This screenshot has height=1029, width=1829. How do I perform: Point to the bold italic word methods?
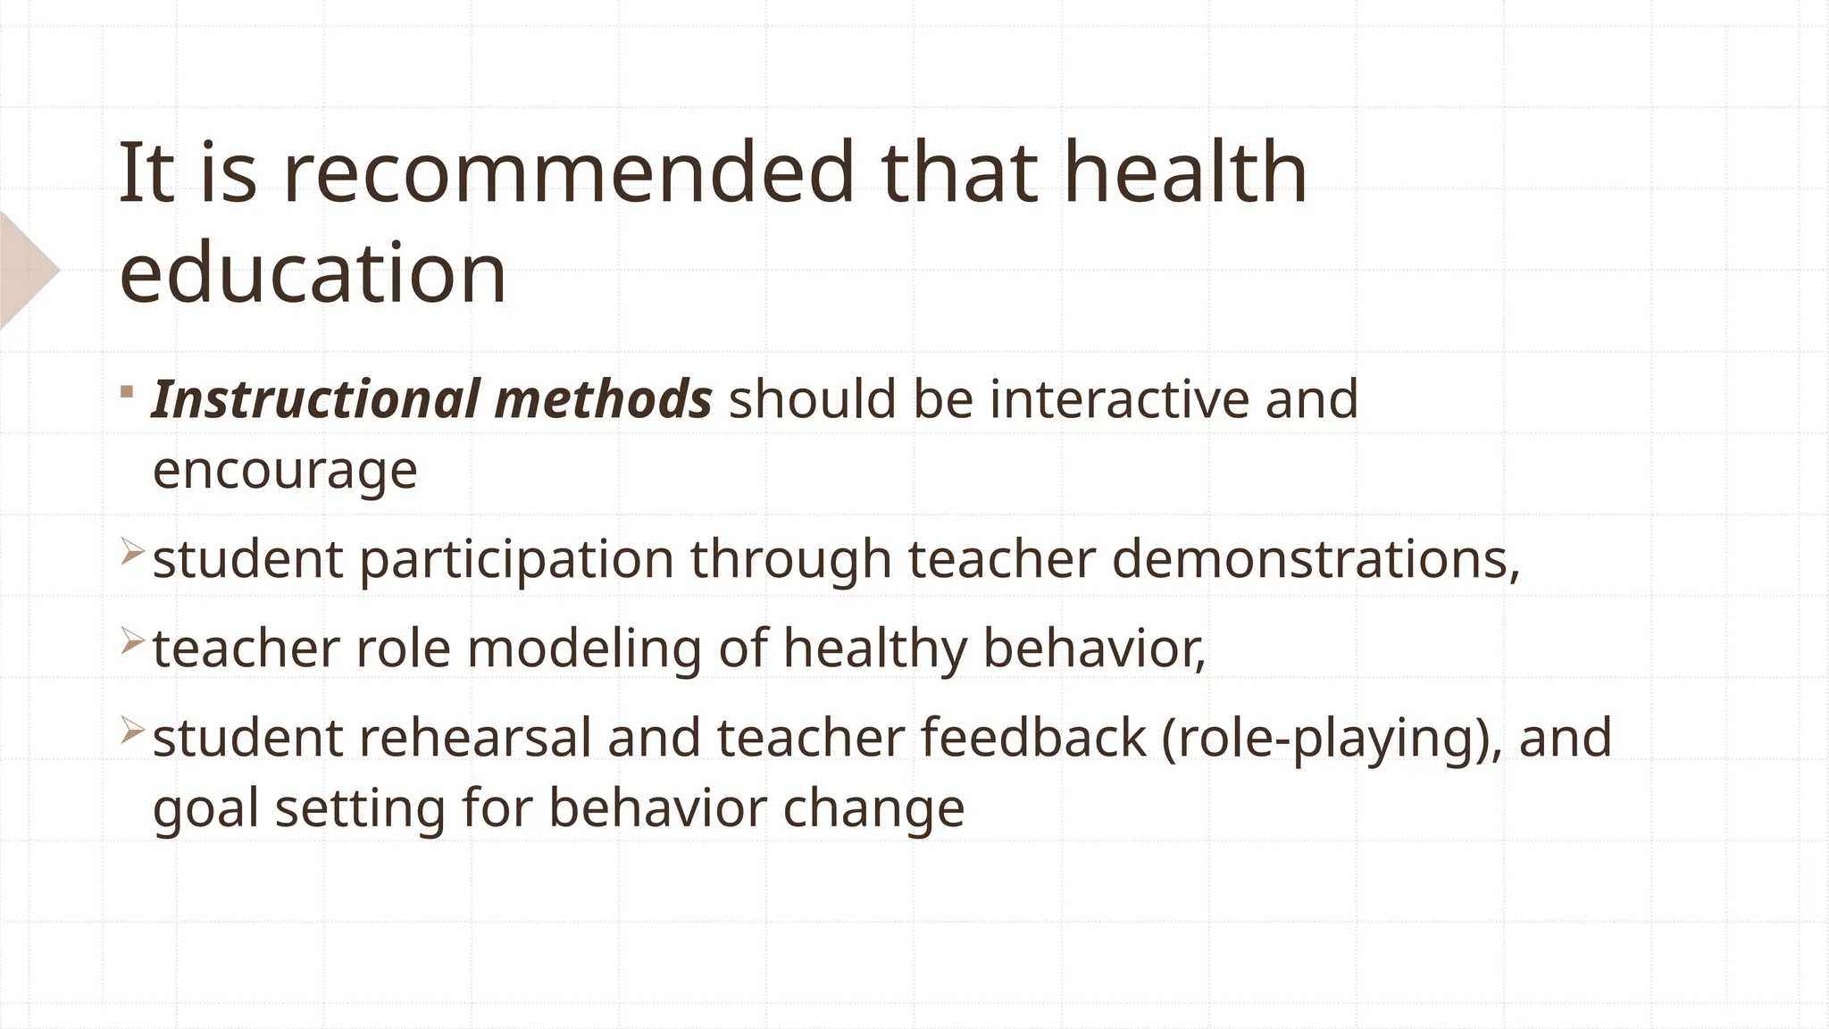pyautogui.click(x=603, y=398)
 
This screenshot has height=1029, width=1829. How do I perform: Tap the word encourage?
pyautogui.click(x=285, y=470)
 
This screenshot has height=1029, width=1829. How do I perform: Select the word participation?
pyautogui.click(x=516, y=560)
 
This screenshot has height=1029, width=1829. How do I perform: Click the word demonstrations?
pyautogui.click(x=1315, y=559)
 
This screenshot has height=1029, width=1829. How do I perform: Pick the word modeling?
pyautogui.click(x=584, y=648)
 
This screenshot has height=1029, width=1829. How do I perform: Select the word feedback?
pyautogui.click(x=1032, y=738)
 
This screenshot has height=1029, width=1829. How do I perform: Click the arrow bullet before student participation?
pyautogui.click(x=131, y=552)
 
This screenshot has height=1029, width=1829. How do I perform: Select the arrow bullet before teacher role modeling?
pyautogui.click(x=131, y=640)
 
